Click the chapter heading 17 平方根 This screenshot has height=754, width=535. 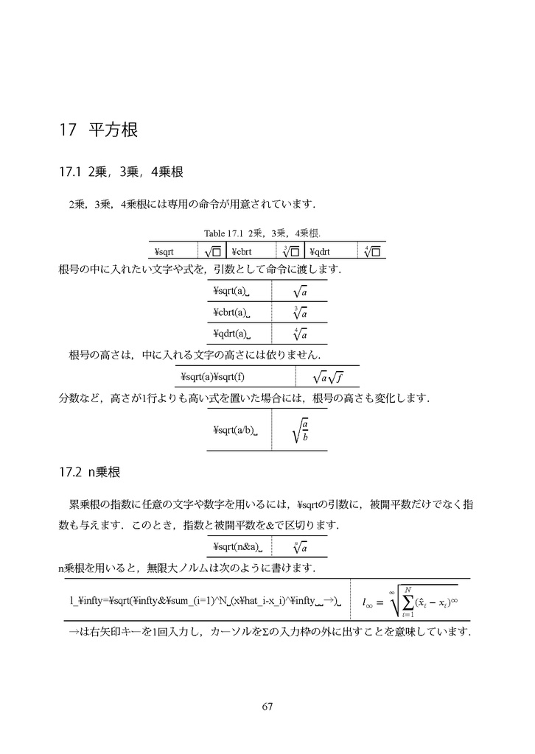(99, 130)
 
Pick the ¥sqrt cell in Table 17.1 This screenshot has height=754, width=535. (164, 251)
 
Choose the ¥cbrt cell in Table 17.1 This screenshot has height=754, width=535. (242, 251)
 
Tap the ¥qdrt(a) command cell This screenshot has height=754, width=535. (231, 333)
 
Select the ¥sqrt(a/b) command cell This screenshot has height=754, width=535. (234, 430)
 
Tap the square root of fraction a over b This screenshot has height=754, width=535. (299, 430)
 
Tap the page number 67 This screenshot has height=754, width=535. (267, 708)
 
